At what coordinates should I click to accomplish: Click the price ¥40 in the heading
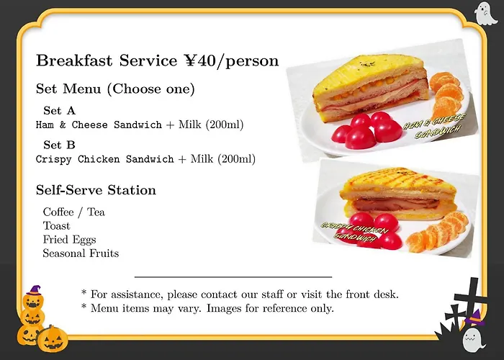coord(199,60)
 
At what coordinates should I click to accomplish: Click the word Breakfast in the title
coord(74,60)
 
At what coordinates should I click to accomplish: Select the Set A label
coord(59,111)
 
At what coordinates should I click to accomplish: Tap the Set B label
coord(59,145)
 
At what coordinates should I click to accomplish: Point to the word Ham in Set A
coord(45,125)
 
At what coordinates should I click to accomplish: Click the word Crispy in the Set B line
coord(54,159)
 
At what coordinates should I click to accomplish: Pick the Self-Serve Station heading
coord(96,190)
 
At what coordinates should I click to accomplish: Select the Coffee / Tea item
coord(74,212)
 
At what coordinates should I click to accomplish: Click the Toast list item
coord(56,226)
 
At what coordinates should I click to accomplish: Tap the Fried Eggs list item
coord(69,240)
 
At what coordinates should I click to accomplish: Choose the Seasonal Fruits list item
coord(81,253)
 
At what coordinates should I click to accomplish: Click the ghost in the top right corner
coord(485,13)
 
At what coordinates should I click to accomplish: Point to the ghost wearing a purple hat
coord(473,337)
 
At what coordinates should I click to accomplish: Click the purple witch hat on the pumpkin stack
coord(34,290)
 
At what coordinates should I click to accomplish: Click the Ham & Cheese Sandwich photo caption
coord(435,126)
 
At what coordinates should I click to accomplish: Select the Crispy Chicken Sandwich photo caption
coord(354,231)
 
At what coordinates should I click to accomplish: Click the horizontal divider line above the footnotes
coord(233,276)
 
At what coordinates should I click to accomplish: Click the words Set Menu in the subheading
coord(68,89)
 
